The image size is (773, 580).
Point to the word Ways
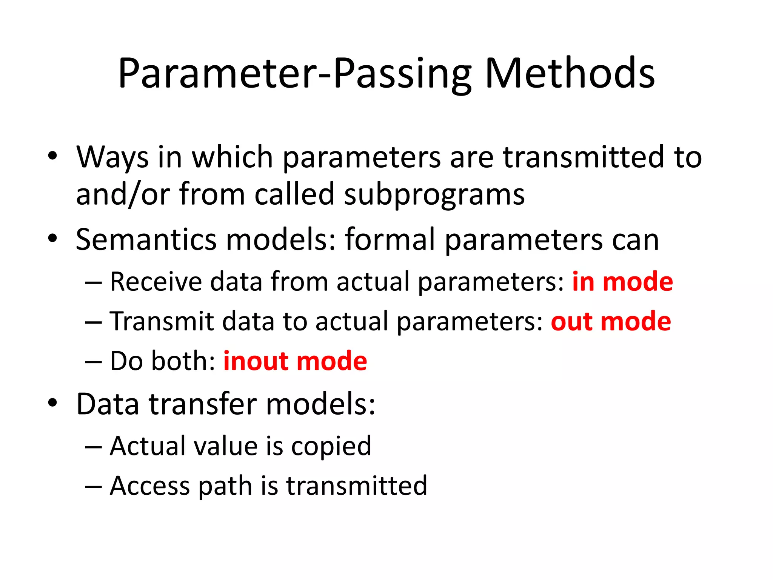112,158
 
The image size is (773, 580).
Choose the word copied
331,447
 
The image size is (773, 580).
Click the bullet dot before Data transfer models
52,403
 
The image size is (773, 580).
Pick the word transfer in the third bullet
203,404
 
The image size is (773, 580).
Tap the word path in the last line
225,487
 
